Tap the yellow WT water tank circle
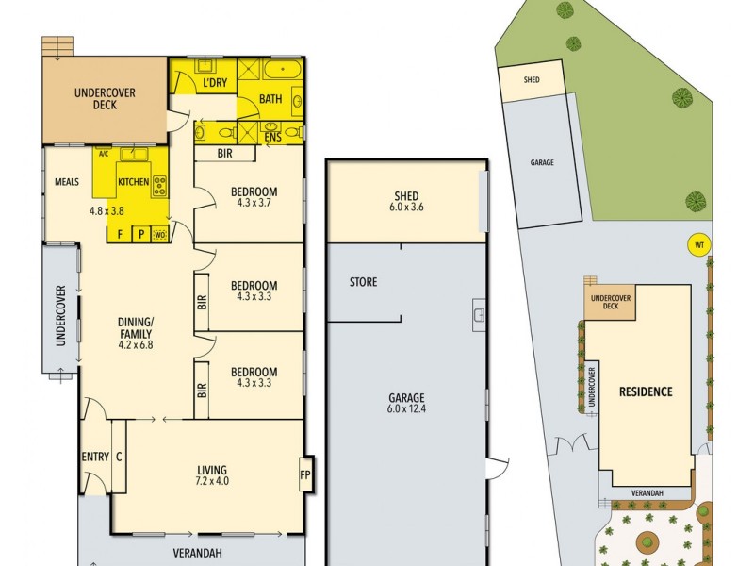(x=698, y=245)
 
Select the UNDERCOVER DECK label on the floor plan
(x=106, y=98)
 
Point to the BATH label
(x=270, y=98)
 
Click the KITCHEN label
(x=133, y=182)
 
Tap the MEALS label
(x=66, y=182)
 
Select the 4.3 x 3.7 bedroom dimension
(x=254, y=203)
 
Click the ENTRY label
(x=95, y=458)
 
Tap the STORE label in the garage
(x=363, y=282)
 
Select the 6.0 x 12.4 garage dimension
(x=406, y=409)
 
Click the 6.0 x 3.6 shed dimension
(x=406, y=208)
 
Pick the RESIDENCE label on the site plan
(x=646, y=391)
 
